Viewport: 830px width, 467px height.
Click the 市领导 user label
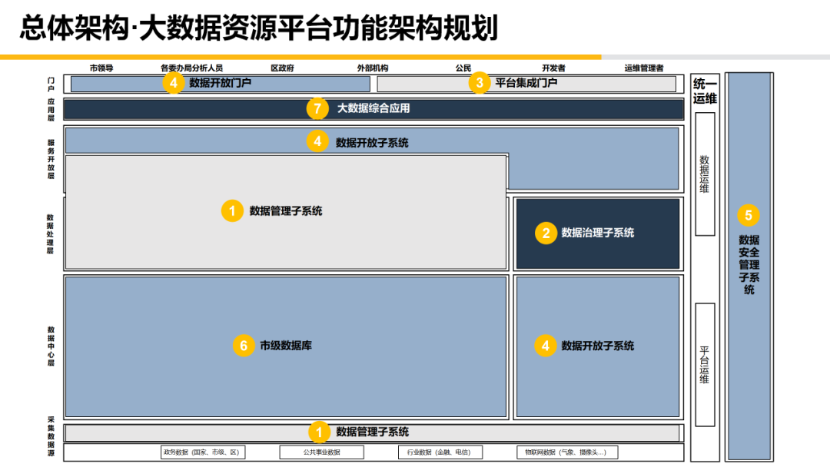pos(101,68)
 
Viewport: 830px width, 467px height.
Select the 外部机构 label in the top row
pos(373,68)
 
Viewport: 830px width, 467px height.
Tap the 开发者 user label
pos(553,68)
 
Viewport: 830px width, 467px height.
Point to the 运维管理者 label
pos(644,68)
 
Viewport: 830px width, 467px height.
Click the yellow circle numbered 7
pos(317,108)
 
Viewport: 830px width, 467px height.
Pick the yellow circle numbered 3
pos(480,83)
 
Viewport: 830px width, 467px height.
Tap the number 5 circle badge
pos(749,216)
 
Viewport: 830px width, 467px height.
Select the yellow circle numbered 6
pos(244,346)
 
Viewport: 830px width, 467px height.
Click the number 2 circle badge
pos(546,233)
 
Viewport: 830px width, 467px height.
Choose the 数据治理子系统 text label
pos(598,233)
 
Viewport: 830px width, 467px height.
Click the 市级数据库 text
pos(286,346)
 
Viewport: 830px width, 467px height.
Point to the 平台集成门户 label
pos(526,83)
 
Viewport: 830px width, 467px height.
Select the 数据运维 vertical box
pos(705,174)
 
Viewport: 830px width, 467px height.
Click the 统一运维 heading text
pos(705,91)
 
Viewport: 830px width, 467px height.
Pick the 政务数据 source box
pos(203,452)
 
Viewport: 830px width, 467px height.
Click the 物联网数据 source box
pos(566,452)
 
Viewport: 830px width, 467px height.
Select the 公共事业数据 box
pos(321,452)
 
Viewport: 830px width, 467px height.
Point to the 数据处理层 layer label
pos(51,233)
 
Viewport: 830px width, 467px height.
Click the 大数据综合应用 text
pos(373,108)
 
